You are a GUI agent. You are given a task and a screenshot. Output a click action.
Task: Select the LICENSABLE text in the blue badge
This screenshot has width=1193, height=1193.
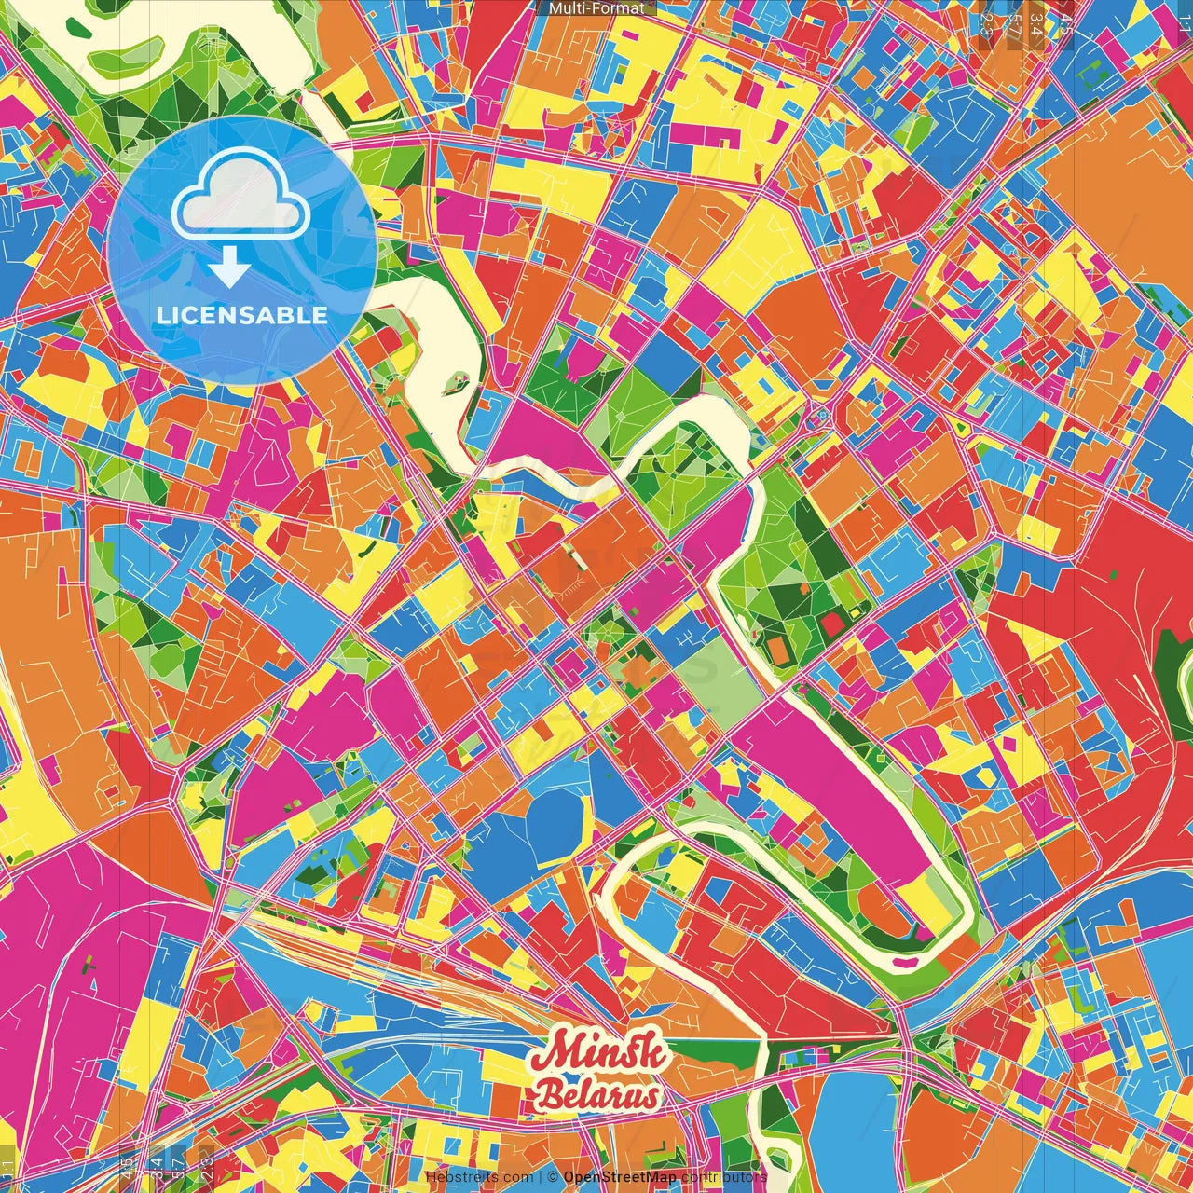click(x=241, y=315)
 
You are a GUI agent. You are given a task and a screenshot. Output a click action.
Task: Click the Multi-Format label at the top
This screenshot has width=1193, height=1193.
click(x=596, y=8)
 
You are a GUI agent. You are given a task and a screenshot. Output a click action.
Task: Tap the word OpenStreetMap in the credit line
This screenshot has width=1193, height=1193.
click(x=620, y=1177)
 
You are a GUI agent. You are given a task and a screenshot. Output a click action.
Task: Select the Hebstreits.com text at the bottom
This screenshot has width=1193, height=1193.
click(x=479, y=1177)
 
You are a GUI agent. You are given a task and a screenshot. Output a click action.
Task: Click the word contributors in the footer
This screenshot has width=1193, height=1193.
click(x=723, y=1177)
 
